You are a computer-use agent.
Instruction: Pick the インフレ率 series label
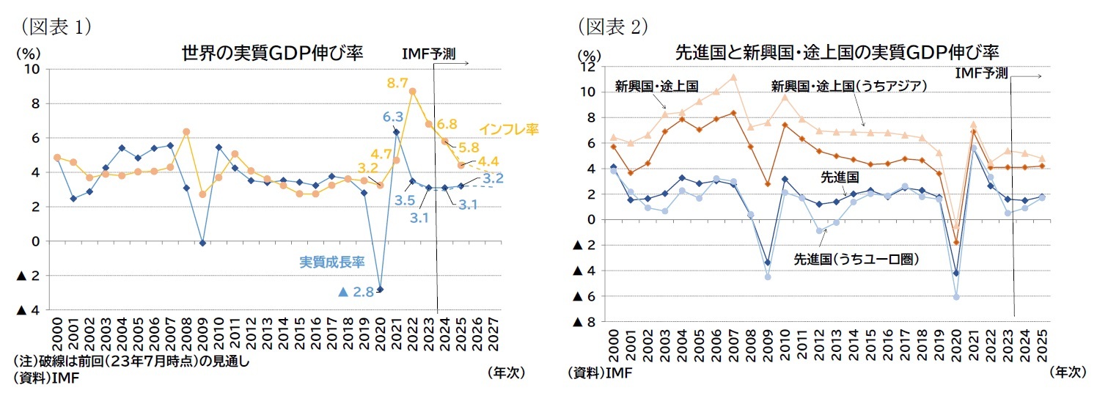click(509, 129)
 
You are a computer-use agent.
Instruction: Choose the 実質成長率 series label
click(332, 260)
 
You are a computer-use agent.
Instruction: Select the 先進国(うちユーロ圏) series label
click(856, 259)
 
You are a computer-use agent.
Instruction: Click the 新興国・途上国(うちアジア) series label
click(849, 87)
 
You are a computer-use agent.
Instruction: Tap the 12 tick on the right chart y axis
click(587, 67)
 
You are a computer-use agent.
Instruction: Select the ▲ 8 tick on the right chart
click(584, 323)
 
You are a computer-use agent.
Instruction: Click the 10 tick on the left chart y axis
click(33, 69)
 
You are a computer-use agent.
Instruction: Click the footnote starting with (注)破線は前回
click(131, 362)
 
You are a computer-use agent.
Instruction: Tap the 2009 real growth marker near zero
click(203, 243)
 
